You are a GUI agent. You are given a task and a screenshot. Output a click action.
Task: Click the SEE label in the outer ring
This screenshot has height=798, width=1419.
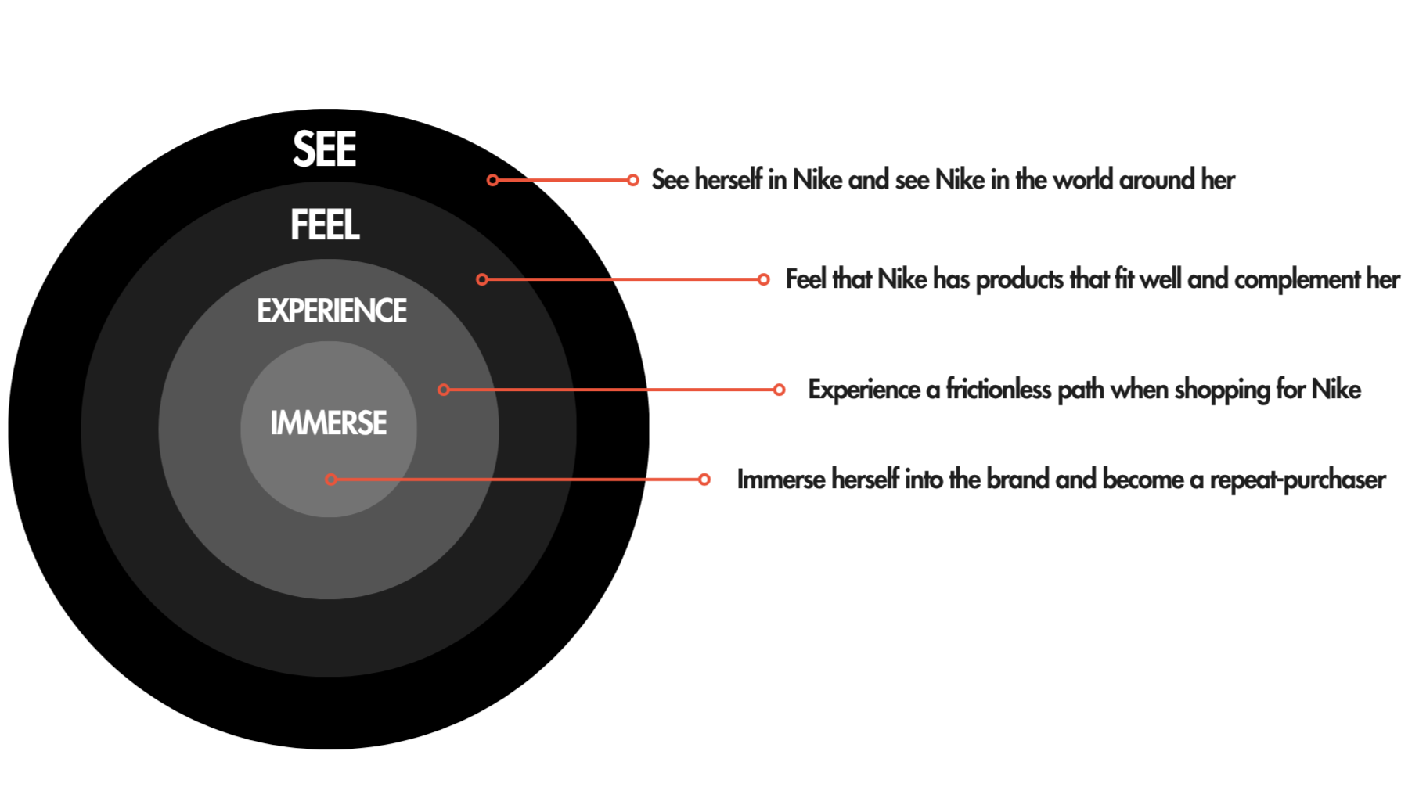click(x=324, y=149)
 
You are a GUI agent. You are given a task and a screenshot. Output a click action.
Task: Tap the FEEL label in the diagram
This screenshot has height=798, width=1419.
click(x=325, y=225)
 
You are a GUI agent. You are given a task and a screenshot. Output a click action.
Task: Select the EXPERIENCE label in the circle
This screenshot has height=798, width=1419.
click(x=332, y=311)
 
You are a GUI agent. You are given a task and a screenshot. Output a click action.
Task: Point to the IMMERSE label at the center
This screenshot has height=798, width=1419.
click(x=329, y=423)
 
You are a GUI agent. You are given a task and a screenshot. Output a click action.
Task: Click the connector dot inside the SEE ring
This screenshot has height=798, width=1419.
click(x=492, y=180)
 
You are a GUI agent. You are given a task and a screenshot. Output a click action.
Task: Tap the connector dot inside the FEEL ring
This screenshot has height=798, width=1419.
click(x=482, y=279)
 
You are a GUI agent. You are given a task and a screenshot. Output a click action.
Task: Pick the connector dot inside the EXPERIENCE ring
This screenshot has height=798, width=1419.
click(x=444, y=390)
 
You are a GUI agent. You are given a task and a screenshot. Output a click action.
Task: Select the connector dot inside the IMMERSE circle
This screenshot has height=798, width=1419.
click(x=331, y=480)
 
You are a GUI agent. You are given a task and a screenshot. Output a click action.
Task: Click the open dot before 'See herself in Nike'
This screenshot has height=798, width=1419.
click(x=632, y=180)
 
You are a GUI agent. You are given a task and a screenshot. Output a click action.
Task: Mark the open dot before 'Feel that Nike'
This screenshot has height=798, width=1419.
click(x=763, y=279)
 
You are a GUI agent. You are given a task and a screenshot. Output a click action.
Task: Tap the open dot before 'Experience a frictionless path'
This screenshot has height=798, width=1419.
click(x=779, y=390)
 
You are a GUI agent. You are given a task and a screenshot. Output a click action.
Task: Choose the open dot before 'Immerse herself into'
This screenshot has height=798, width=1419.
click(x=704, y=480)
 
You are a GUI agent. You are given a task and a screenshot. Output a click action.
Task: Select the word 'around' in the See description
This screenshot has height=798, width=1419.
click(x=1157, y=180)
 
